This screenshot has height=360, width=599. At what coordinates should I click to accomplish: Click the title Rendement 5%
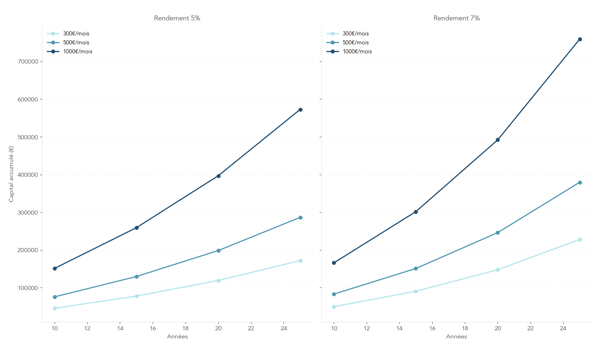pyautogui.click(x=177, y=18)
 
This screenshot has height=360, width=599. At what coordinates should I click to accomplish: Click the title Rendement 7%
pyautogui.click(x=456, y=18)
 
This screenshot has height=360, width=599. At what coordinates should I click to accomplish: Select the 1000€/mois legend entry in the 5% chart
pyautogui.click(x=77, y=52)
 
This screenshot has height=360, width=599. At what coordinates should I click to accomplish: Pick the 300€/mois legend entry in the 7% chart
pyautogui.click(x=355, y=34)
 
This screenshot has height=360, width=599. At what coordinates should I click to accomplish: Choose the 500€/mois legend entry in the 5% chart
pyautogui.click(x=76, y=43)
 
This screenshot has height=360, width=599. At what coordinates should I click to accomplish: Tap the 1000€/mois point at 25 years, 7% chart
pyautogui.click(x=580, y=40)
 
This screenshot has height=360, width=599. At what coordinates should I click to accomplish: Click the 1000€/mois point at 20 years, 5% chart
pyautogui.click(x=218, y=176)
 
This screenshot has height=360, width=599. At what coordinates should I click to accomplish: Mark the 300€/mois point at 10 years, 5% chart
pyautogui.click(x=55, y=308)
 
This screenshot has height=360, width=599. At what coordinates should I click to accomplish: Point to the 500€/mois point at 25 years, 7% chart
pyautogui.click(x=580, y=182)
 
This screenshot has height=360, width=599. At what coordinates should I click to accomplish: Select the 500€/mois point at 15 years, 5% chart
pyautogui.click(x=137, y=277)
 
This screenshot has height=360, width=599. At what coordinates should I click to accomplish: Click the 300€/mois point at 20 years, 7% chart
pyautogui.click(x=498, y=270)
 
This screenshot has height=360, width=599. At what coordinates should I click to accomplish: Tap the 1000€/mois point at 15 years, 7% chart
pyautogui.click(x=416, y=212)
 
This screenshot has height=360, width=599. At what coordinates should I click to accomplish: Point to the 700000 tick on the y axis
pyautogui.click(x=28, y=62)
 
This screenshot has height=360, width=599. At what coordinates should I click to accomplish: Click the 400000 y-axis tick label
pyautogui.click(x=28, y=175)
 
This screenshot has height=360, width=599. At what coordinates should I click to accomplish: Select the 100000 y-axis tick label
pyautogui.click(x=28, y=288)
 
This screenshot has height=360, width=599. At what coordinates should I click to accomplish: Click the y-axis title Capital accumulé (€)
pyautogui.click(x=11, y=174)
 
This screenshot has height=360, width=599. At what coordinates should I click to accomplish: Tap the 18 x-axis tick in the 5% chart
pyautogui.click(x=185, y=328)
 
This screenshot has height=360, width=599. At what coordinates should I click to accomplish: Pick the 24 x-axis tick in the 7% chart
pyautogui.click(x=563, y=328)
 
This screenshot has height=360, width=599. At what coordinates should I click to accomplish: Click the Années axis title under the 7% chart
pyautogui.click(x=456, y=337)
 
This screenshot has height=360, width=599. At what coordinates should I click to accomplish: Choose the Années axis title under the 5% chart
pyautogui.click(x=177, y=337)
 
